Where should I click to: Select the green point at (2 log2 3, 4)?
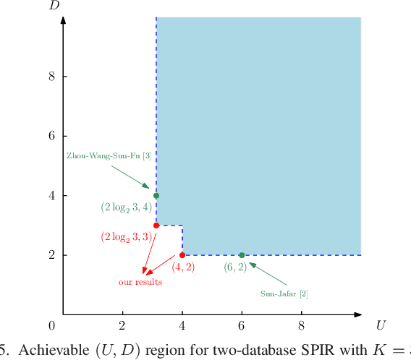(156, 196)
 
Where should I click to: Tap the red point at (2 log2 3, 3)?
(156, 226)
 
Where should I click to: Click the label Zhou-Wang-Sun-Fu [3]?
(109, 155)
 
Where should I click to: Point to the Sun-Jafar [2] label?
(284, 293)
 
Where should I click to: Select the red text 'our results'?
(140, 282)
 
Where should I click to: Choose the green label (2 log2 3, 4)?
(126, 207)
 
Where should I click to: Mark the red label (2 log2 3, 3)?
(126, 236)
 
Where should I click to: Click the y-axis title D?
(54, 6)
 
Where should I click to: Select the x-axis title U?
(381, 325)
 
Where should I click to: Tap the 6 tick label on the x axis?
(242, 325)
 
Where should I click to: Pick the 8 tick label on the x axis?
(301, 325)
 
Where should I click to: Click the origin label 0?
(51, 325)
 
